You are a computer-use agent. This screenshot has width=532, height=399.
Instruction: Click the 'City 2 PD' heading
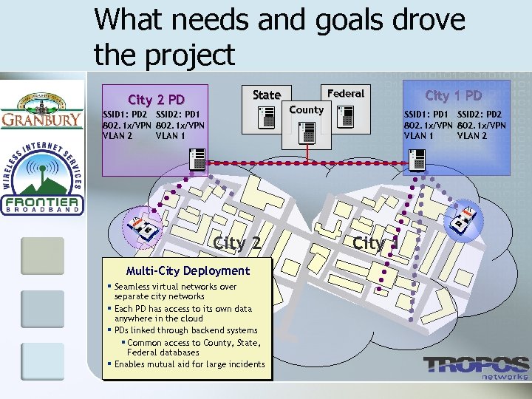[156, 100]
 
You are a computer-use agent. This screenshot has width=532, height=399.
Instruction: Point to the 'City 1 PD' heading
[454, 95]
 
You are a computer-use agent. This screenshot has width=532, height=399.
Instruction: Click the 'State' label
[266, 95]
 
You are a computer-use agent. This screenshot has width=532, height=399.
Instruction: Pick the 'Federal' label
[345, 93]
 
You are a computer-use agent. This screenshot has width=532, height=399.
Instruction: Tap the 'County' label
[306, 109]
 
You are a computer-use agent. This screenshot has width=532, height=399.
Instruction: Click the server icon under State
[266, 117]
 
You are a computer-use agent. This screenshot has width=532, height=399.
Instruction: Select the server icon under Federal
[345, 116]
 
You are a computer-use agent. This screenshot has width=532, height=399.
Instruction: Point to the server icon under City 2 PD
[197, 158]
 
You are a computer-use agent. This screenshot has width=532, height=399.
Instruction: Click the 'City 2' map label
[236, 243]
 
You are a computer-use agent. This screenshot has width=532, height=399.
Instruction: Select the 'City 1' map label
[376, 242]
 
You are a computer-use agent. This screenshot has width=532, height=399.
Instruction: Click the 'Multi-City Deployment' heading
[188, 270]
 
